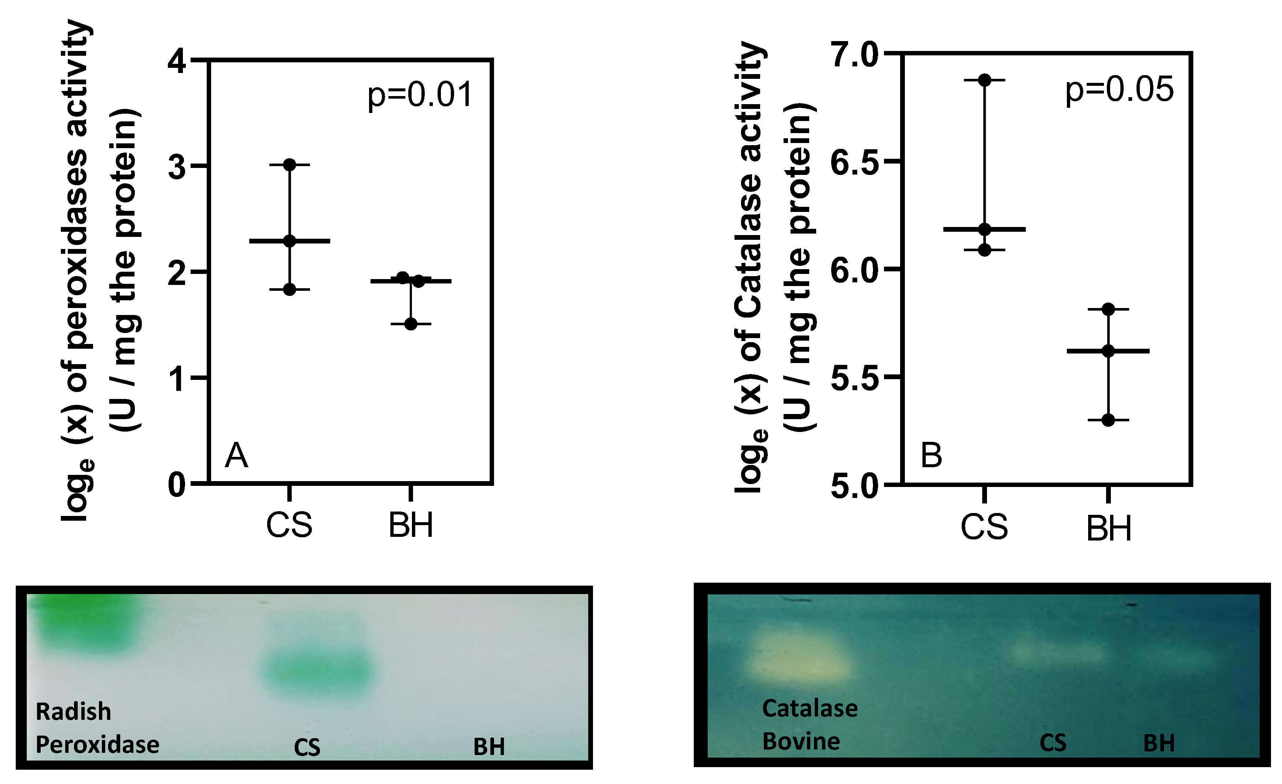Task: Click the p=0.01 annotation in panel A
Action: (419, 95)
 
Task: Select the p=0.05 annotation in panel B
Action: (1119, 89)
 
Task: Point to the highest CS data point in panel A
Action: (290, 165)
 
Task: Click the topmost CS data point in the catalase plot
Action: (984, 80)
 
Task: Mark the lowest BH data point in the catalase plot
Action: (1108, 420)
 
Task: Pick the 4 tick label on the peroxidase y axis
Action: (177, 62)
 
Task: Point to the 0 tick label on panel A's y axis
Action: (177, 485)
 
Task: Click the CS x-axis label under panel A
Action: (289, 526)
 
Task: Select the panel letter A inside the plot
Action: (236, 455)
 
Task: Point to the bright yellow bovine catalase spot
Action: (799, 659)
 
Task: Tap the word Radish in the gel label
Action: (73, 712)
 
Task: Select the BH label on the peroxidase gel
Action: (489, 747)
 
